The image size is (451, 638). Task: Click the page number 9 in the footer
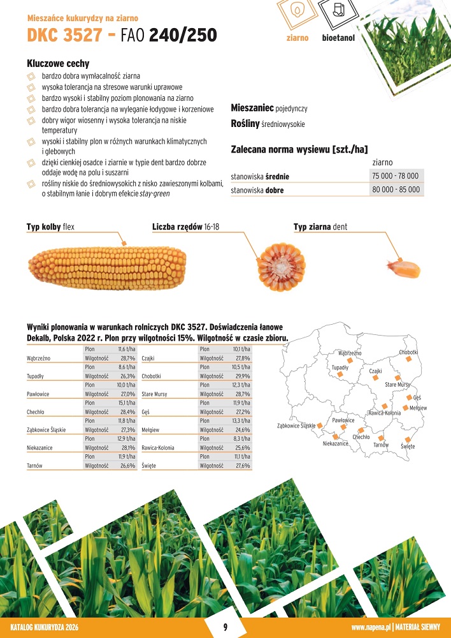pyautogui.click(x=225, y=627)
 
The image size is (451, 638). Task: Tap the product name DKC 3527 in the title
pyautogui.click(x=64, y=35)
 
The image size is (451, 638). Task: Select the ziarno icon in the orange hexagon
pyautogui.click(x=297, y=12)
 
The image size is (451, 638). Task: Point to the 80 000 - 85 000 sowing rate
pyautogui.click(x=396, y=189)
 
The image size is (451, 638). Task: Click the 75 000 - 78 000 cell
pyautogui.click(x=396, y=175)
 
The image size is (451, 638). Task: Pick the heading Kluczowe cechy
pyautogui.click(x=58, y=64)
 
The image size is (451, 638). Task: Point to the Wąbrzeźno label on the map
pyautogui.click(x=350, y=353)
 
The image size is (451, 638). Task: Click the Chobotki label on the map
pyautogui.click(x=408, y=352)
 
